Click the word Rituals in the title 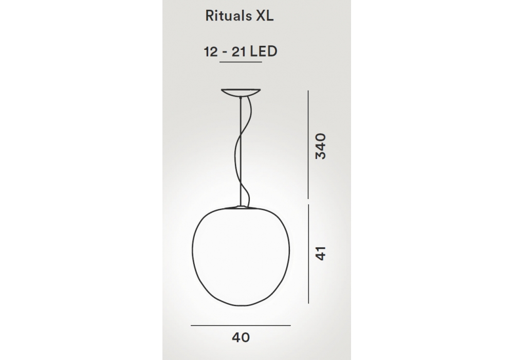229,16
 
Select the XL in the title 265,16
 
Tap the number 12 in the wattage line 211,52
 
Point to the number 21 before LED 239,52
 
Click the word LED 264,51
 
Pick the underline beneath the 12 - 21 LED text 241,62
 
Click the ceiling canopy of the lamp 241,93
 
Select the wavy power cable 243,151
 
